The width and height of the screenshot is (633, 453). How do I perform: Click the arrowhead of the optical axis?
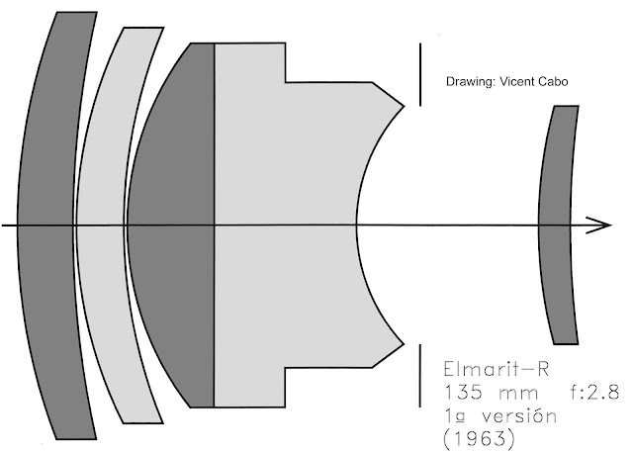(601, 226)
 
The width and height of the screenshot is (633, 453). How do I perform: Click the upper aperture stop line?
(420, 73)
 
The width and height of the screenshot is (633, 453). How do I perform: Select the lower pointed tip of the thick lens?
(404, 343)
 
